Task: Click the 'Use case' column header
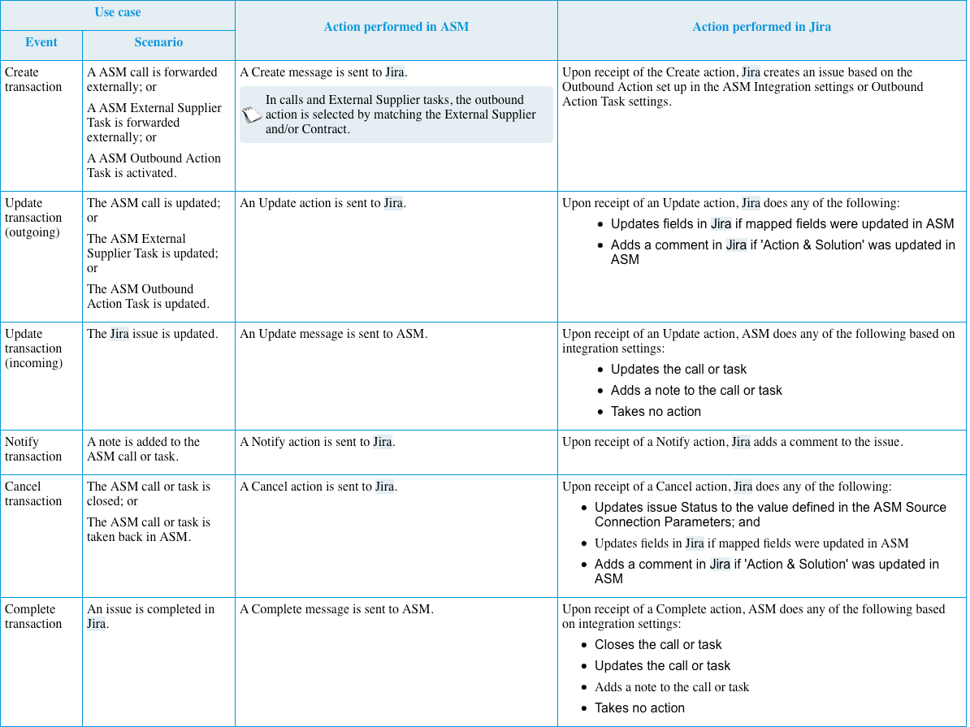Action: (118, 12)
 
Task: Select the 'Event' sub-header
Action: (41, 42)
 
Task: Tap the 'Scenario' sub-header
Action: (158, 42)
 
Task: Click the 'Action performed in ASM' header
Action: (396, 27)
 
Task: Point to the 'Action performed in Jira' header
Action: (761, 27)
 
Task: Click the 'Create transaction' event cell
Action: (33, 80)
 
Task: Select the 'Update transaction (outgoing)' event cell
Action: (33, 218)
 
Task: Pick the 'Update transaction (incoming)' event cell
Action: (33, 348)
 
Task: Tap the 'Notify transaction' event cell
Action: (33, 449)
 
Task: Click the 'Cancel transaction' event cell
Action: (33, 494)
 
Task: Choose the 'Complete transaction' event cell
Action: (33, 617)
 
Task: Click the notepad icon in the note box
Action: (252, 115)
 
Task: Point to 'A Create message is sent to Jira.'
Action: (323, 72)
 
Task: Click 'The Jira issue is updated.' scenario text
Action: (152, 334)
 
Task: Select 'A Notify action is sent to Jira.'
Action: (318, 442)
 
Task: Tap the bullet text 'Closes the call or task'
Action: (658, 645)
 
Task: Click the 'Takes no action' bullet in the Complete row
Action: (639, 708)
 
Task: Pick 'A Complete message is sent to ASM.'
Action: (336, 609)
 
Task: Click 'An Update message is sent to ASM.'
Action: (333, 334)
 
